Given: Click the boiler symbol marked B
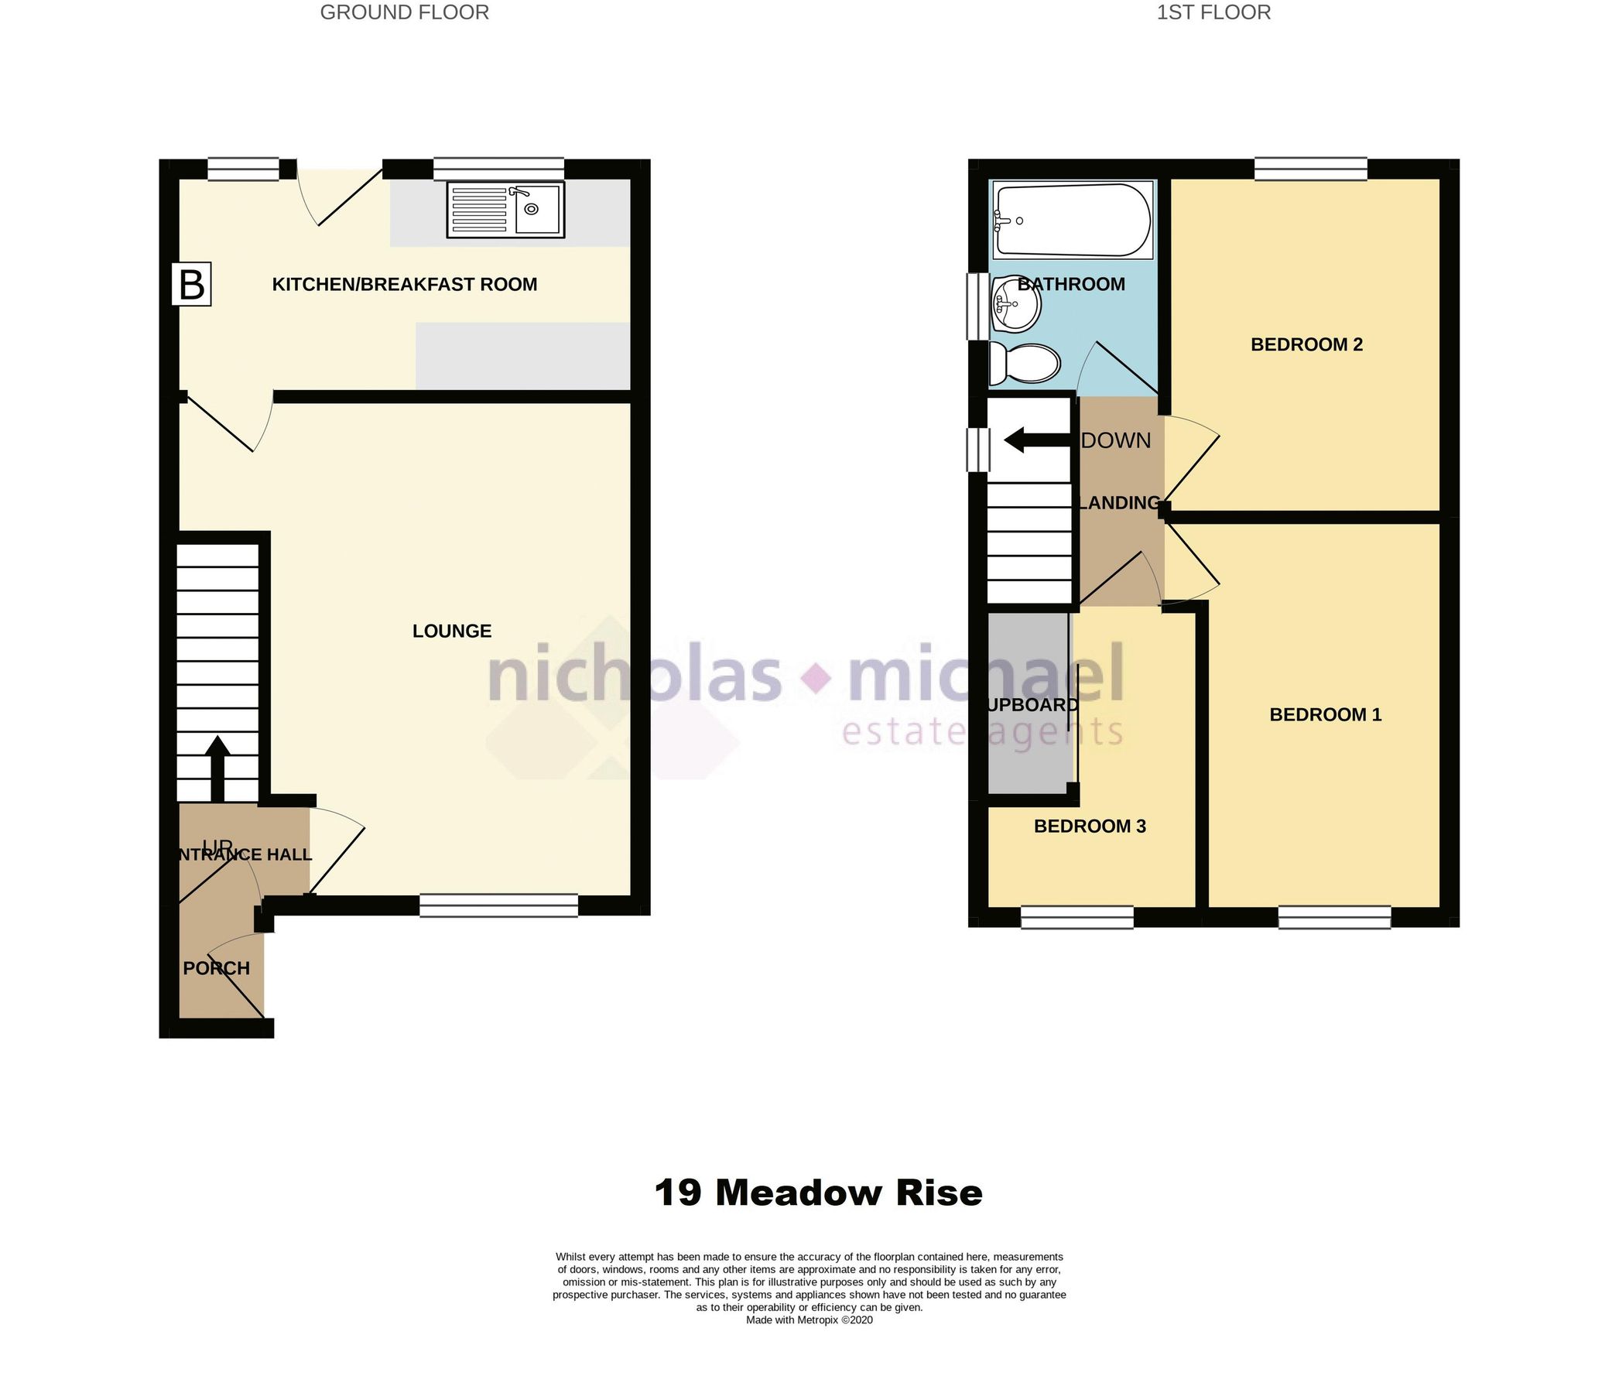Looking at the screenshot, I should [191, 284].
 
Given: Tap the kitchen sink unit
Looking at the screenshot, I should [505, 210].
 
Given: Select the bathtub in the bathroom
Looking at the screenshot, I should [1072, 221].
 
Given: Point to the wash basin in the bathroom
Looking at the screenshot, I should [1015, 305].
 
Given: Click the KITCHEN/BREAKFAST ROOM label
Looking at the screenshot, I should [404, 284].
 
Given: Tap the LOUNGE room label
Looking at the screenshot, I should [452, 631].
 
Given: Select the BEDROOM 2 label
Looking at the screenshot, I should [1306, 344].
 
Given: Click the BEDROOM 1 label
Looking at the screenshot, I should [1325, 714].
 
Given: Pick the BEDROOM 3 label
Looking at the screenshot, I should [1089, 826].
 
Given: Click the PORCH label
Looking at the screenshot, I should [217, 968].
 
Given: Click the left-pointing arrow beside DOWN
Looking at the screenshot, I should [1035, 440].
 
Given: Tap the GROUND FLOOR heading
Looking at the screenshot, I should [404, 12].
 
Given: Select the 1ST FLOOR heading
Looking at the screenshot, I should [1213, 12].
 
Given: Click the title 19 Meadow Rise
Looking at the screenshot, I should [818, 1193].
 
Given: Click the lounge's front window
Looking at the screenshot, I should [498, 905].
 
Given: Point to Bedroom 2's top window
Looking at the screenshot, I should [1310, 169].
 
